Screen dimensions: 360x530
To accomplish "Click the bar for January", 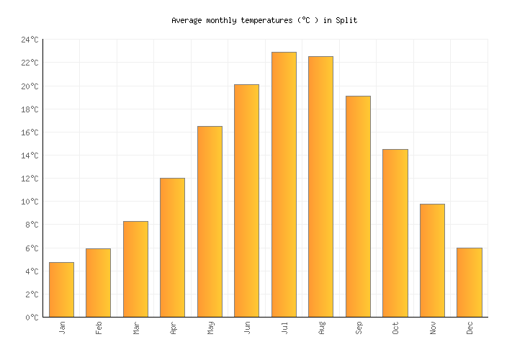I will (x=61, y=289).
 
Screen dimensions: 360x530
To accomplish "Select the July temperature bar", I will (x=284, y=184).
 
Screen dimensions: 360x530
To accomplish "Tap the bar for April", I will (x=172, y=247).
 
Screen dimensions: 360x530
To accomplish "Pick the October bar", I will (x=395, y=233).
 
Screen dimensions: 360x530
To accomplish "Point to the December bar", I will (x=469, y=282).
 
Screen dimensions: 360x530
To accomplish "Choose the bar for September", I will (x=358, y=206).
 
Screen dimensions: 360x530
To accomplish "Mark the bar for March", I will (x=135, y=269).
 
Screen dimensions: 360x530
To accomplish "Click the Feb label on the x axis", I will (x=99, y=328).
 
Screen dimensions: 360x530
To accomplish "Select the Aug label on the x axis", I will (x=321, y=328).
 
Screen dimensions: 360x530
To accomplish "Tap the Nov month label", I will (x=432, y=328).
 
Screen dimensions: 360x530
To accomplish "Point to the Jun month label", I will (x=247, y=328).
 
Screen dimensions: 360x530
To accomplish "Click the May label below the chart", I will (x=210, y=328).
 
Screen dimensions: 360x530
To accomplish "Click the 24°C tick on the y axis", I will (x=30, y=40).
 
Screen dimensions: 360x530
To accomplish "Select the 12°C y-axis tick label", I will (x=30, y=179).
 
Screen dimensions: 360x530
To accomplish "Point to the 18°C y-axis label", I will (x=30, y=109).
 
